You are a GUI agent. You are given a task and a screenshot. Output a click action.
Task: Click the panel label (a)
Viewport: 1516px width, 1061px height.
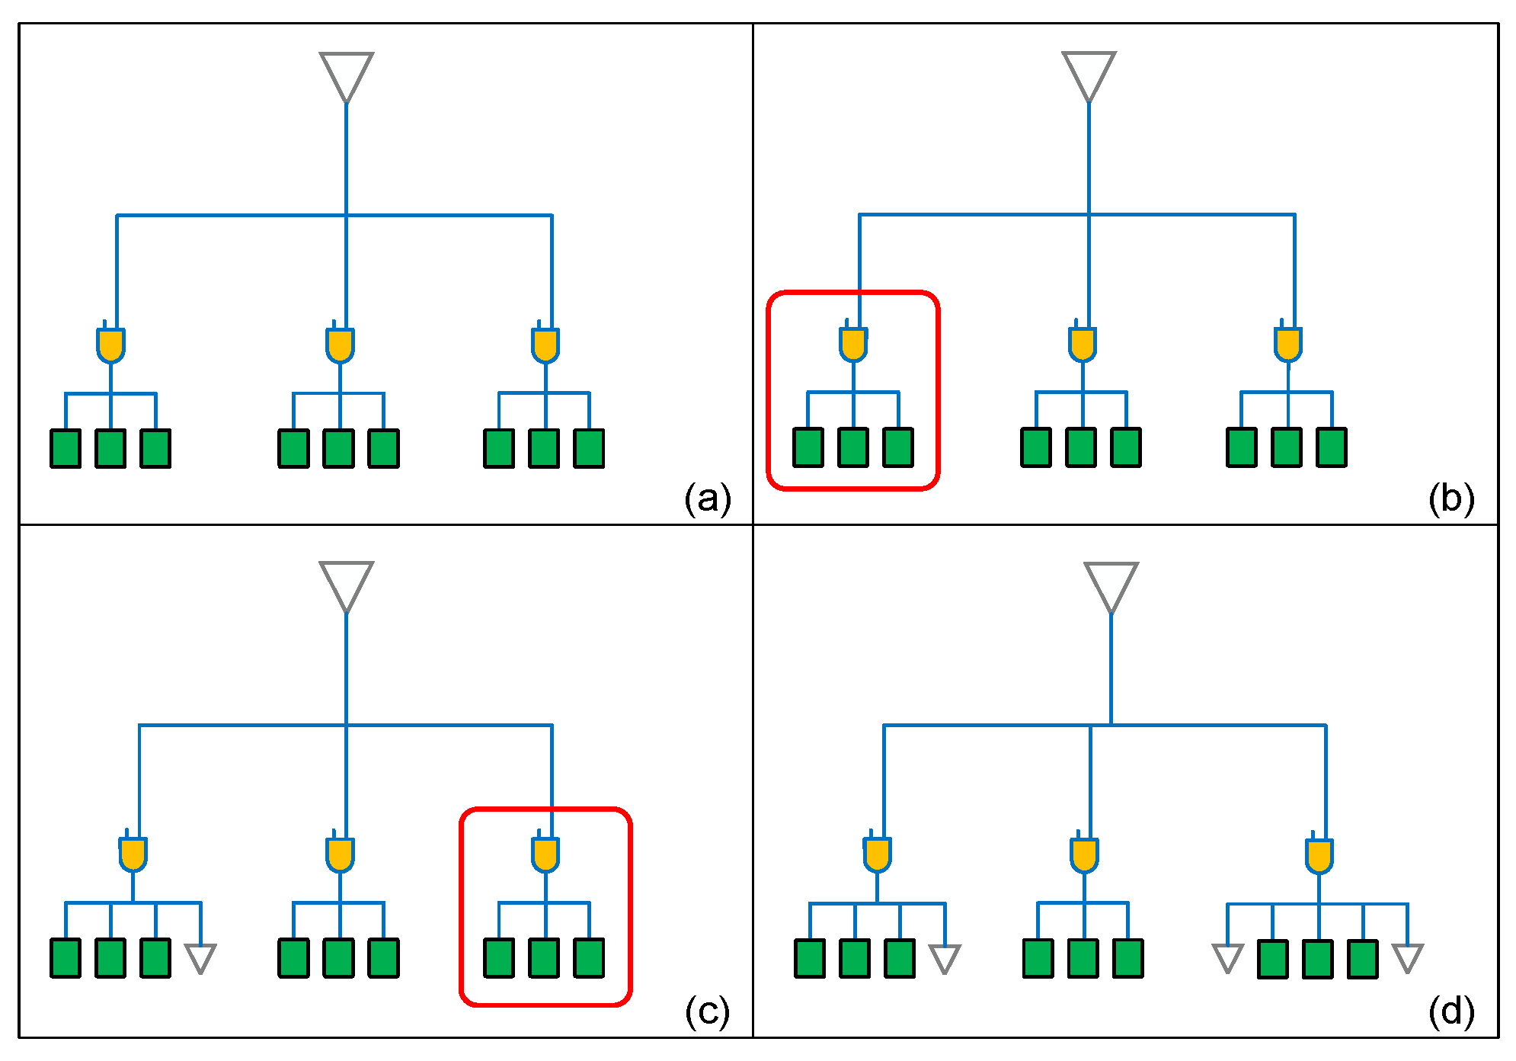point(708,499)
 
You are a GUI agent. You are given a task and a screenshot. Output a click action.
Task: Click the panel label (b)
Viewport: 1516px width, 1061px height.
point(1451,499)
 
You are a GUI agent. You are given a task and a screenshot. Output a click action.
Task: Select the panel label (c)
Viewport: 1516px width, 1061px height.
point(707,1011)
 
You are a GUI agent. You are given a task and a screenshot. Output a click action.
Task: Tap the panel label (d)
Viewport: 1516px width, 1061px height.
point(1451,1011)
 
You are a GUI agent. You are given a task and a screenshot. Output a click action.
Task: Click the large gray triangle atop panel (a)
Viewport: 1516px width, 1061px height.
point(347,76)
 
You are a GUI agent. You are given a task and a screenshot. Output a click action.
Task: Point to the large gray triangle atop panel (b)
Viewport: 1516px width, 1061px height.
point(1089,75)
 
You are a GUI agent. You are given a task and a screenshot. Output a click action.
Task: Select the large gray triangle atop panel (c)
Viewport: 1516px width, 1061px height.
point(347,586)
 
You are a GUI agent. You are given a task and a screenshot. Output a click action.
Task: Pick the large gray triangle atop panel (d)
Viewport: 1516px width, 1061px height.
point(1111,587)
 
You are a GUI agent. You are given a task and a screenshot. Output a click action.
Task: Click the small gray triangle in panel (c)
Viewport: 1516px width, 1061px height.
point(201,958)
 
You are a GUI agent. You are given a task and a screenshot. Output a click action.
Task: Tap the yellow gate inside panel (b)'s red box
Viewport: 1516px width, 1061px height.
point(853,342)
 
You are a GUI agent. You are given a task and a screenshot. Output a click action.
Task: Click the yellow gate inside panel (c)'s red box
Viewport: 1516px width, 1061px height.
point(545,852)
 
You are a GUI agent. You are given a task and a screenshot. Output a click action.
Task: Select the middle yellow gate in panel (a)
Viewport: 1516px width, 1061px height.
point(340,343)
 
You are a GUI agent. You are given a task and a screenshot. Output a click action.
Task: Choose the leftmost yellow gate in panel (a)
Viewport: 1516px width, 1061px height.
point(110,343)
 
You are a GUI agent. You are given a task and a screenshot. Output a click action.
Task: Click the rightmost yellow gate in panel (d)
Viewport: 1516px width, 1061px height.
point(1319,854)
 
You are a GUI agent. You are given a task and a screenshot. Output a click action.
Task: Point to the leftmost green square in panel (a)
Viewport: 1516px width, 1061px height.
point(66,448)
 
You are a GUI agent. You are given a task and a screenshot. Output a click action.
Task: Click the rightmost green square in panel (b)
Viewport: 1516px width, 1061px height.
point(1332,447)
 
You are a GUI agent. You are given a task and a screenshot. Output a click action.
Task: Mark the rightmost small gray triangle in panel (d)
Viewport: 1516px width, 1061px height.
point(1408,958)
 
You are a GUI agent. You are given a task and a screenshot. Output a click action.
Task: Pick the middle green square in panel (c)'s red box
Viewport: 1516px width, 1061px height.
point(544,957)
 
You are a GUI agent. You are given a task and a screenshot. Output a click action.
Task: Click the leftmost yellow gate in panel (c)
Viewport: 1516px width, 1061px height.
point(133,852)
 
